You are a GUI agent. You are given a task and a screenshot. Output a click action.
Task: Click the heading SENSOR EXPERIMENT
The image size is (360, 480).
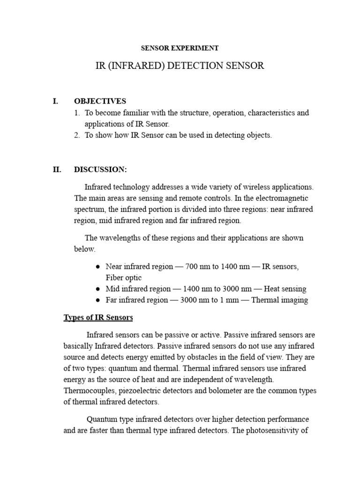click(x=180, y=48)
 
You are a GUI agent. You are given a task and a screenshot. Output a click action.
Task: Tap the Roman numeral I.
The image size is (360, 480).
click(x=55, y=101)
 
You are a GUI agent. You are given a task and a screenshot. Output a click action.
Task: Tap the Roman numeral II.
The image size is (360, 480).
click(x=57, y=169)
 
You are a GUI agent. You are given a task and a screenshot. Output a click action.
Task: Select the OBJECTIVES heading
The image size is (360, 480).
click(x=100, y=101)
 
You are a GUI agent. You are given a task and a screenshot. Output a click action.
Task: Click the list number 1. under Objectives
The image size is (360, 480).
click(x=77, y=113)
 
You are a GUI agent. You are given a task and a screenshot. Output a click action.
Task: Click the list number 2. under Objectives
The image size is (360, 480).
click(x=77, y=135)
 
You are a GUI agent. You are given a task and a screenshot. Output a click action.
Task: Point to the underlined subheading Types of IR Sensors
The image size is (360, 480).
click(x=98, y=318)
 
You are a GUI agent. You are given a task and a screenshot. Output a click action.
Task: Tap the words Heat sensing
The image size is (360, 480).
click(x=284, y=289)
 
